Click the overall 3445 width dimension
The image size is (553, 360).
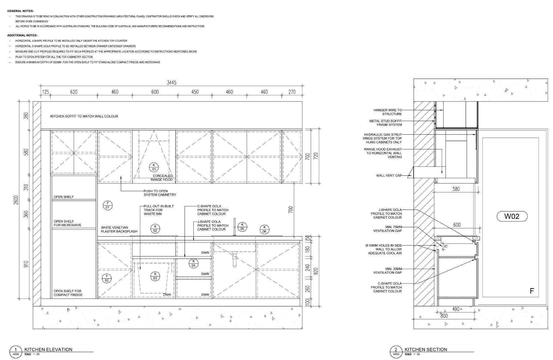coord(171,83)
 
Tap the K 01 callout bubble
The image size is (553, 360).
coord(154,167)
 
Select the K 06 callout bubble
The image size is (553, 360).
coord(264,229)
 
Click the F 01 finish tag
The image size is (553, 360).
coord(108,205)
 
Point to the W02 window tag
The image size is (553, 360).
coord(512,216)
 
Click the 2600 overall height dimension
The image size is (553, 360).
coord(16,199)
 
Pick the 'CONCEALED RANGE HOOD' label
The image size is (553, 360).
coord(162,178)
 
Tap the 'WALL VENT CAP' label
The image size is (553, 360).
coord(389,176)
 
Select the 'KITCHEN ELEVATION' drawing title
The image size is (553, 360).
coord(48,350)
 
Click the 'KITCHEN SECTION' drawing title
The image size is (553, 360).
coord(426,350)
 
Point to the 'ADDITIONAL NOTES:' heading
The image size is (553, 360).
coord(23,35)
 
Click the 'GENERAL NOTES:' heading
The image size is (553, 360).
coord(20,11)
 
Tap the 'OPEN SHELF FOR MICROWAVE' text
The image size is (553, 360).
coord(68,223)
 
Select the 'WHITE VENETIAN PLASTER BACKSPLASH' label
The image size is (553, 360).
coord(119,230)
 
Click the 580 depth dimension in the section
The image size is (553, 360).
coord(456,189)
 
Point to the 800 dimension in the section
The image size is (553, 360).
coord(444,316)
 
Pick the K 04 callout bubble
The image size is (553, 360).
coord(193,263)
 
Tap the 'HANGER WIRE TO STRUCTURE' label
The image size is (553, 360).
coord(387,112)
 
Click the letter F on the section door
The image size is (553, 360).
coord(531,291)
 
